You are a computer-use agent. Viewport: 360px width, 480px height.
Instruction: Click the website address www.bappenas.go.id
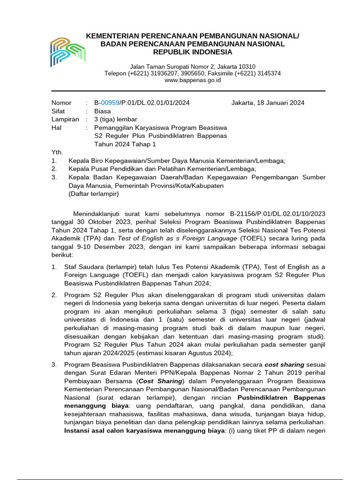pyautogui.click(x=193, y=80)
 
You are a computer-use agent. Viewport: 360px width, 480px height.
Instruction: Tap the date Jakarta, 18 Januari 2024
pyautogui.click(x=268, y=103)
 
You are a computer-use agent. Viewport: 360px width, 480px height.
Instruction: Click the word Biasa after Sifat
pyautogui.click(x=103, y=111)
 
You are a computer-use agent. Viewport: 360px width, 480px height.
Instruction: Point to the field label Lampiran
pyautogui.click(x=65, y=120)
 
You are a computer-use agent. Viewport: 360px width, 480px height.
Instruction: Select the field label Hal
pyautogui.click(x=56, y=127)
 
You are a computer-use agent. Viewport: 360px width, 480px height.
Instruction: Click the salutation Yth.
pyautogui.click(x=57, y=152)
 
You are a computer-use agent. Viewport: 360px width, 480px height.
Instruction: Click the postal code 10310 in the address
pyautogui.click(x=247, y=67)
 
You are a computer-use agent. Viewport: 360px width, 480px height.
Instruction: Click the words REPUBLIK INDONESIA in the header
pyautogui.click(x=193, y=52)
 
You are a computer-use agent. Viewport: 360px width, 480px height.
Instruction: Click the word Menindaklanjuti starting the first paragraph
pyautogui.click(x=100, y=214)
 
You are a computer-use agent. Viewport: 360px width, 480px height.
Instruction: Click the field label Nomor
pyautogui.click(x=61, y=103)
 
